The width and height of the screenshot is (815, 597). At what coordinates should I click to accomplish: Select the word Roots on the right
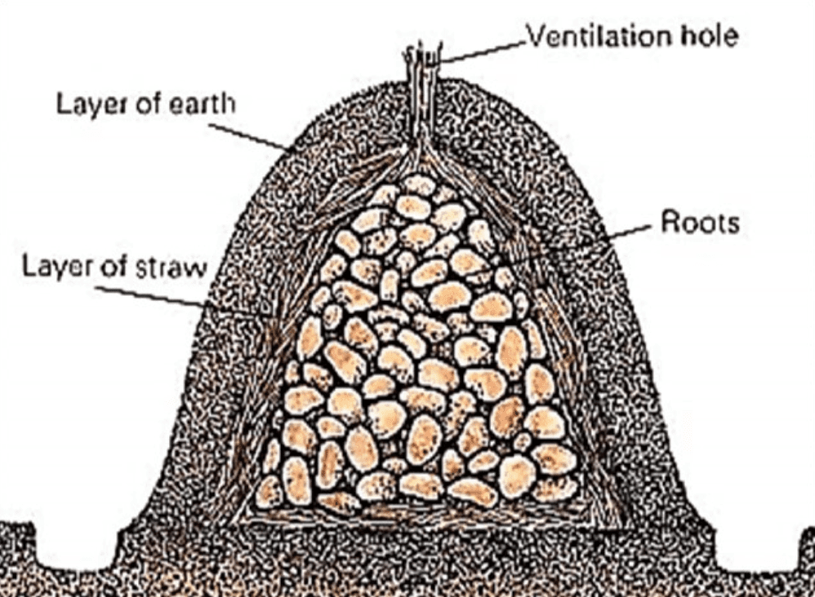[700, 223]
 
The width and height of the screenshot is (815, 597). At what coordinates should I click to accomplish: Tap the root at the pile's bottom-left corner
[269, 491]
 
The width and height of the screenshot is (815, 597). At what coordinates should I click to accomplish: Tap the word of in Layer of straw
[117, 267]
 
